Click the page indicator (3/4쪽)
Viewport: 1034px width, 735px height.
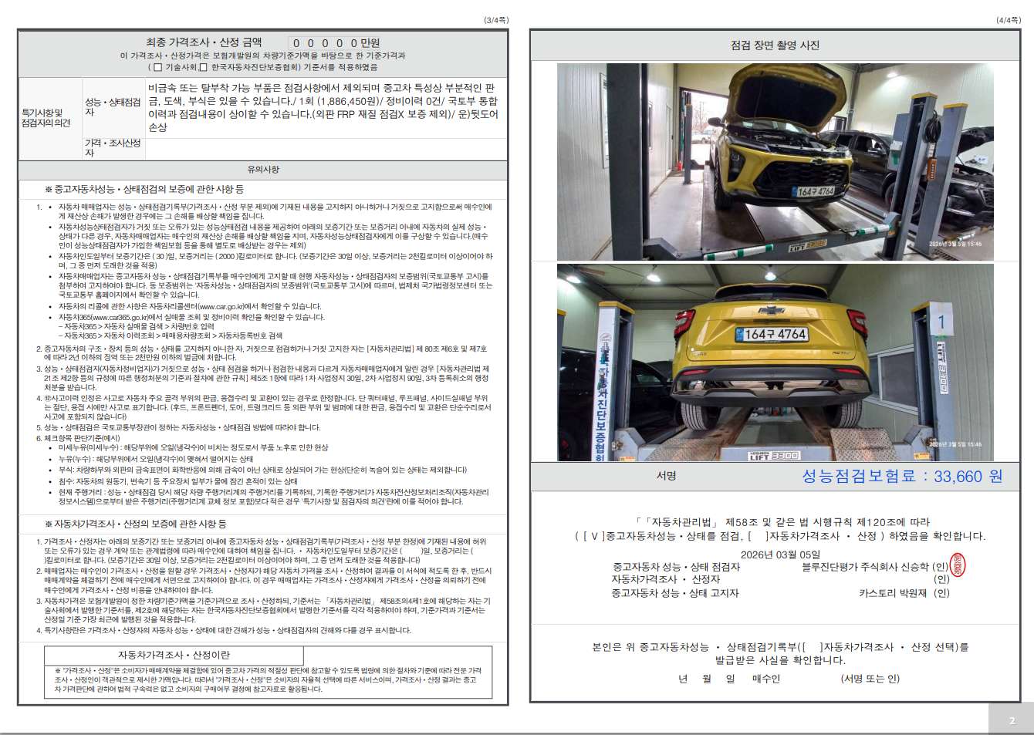(x=496, y=20)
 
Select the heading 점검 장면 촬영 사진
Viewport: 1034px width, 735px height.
(x=775, y=46)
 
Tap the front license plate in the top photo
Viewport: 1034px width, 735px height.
(x=814, y=190)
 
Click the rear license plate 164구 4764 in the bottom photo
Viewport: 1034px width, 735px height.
(x=775, y=334)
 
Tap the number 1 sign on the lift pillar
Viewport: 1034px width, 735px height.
(x=941, y=322)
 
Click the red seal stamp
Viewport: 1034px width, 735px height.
(x=958, y=565)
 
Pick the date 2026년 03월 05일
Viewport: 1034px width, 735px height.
(x=779, y=554)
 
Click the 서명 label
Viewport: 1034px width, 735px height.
(x=666, y=476)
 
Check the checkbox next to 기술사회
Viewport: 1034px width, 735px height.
(x=158, y=67)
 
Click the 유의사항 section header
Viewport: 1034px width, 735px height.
(x=263, y=169)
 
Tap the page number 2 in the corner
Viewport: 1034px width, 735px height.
(x=1012, y=720)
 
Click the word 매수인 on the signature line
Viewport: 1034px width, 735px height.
(x=765, y=679)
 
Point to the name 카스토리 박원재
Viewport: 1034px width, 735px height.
(x=893, y=593)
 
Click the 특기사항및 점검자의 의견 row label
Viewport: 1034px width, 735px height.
(x=46, y=117)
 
